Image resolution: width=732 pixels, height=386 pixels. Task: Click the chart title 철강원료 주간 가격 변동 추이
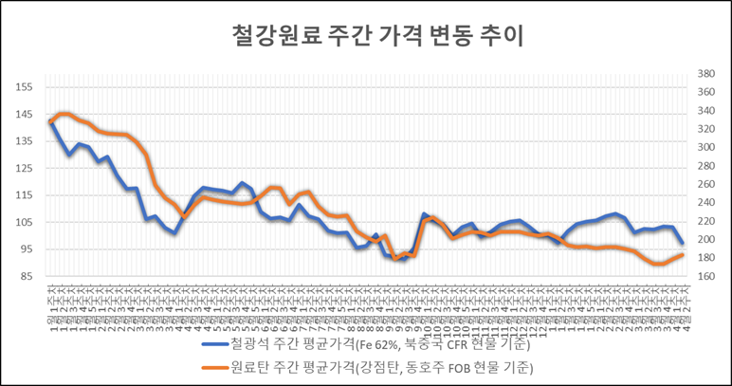pos(365,35)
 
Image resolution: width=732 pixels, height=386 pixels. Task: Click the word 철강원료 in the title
pos(265,35)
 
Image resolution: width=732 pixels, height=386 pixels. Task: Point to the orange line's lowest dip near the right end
pos(656,265)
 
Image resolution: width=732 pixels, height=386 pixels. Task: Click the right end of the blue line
pos(683,243)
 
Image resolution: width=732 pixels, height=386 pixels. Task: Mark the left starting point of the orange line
pos(50,123)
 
